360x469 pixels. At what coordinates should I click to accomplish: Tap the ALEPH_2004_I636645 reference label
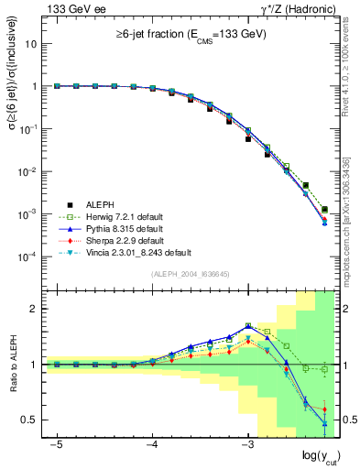pos(191,274)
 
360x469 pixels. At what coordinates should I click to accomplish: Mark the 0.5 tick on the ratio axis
pos(32,420)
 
